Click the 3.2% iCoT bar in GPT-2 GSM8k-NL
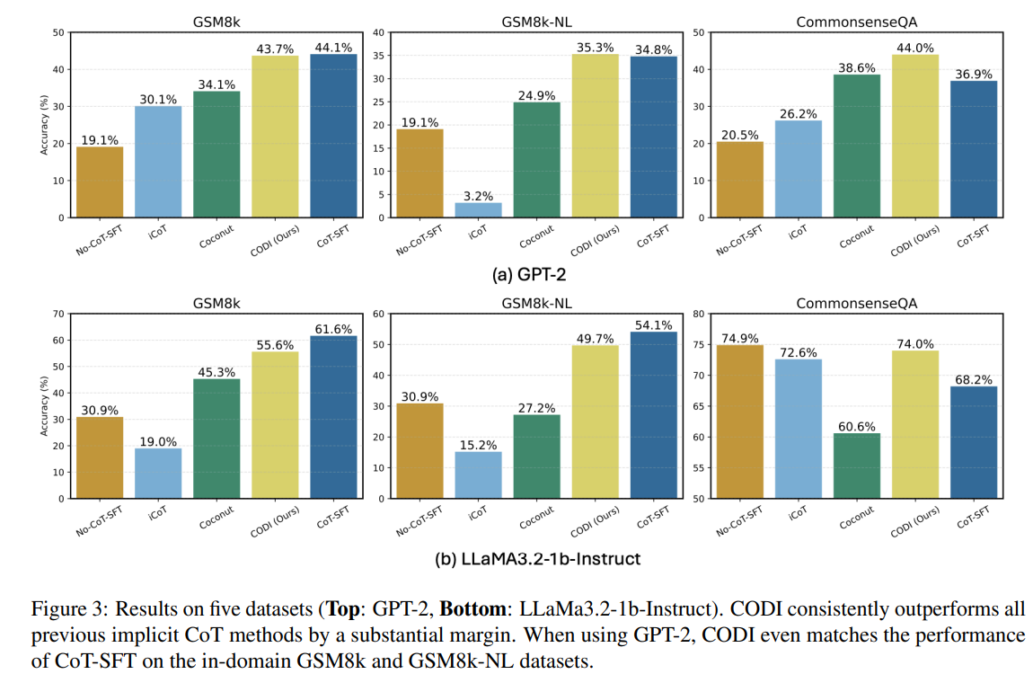478,210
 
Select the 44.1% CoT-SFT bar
333,136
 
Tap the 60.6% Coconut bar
856,466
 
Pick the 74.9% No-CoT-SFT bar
739,421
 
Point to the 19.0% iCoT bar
158,473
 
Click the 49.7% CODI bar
595,421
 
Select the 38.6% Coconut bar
856,146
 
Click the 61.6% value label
333,329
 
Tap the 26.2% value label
798,113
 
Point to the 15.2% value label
478,444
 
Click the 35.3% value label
595,47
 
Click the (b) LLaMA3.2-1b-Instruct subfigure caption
537,558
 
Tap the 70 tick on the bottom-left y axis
58,314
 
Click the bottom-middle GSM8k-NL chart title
536,303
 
